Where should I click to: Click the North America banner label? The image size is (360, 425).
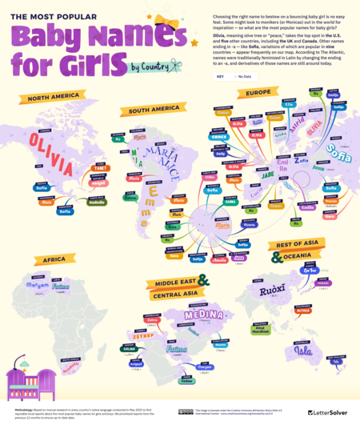click(x=53, y=98)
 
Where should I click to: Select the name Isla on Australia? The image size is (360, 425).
click(x=302, y=350)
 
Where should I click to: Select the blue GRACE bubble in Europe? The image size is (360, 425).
click(x=220, y=137)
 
